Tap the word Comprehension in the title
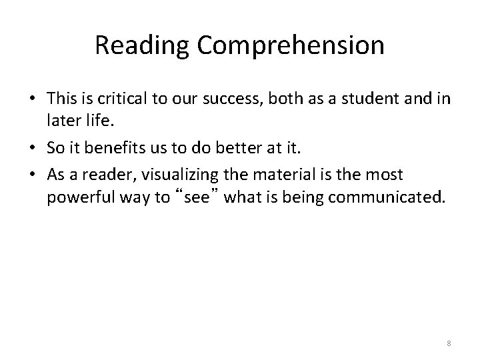pyautogui.click(x=290, y=45)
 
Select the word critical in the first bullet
pyautogui.click(x=121, y=99)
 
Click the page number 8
pyautogui.click(x=449, y=343)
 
